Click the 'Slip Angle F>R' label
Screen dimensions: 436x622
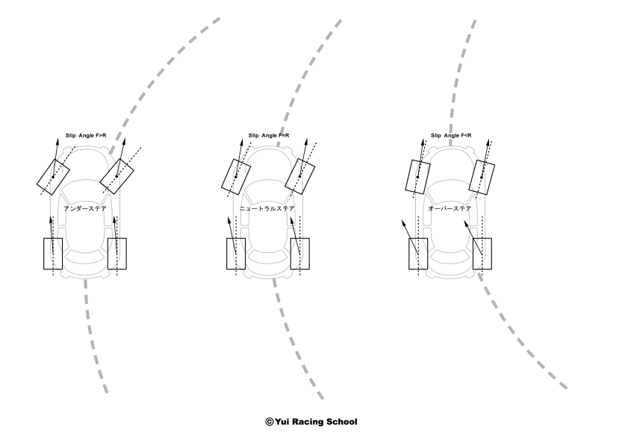point(87,137)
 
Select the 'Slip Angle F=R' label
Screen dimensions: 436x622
point(269,136)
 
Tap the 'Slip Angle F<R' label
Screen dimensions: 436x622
point(451,136)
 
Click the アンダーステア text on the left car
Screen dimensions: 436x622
point(87,209)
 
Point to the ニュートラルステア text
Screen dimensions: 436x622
point(268,209)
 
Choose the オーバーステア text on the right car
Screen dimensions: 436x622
point(449,209)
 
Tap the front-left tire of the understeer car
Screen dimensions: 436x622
point(54,174)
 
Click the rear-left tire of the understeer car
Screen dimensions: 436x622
point(54,254)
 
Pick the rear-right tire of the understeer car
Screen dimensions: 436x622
point(118,254)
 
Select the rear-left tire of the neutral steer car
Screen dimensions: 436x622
point(236,254)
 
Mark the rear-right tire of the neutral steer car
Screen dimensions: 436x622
point(300,254)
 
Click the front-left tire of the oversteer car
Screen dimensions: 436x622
point(417,176)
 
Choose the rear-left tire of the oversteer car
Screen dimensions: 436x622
point(418,254)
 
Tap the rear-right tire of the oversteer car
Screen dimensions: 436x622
point(482,254)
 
